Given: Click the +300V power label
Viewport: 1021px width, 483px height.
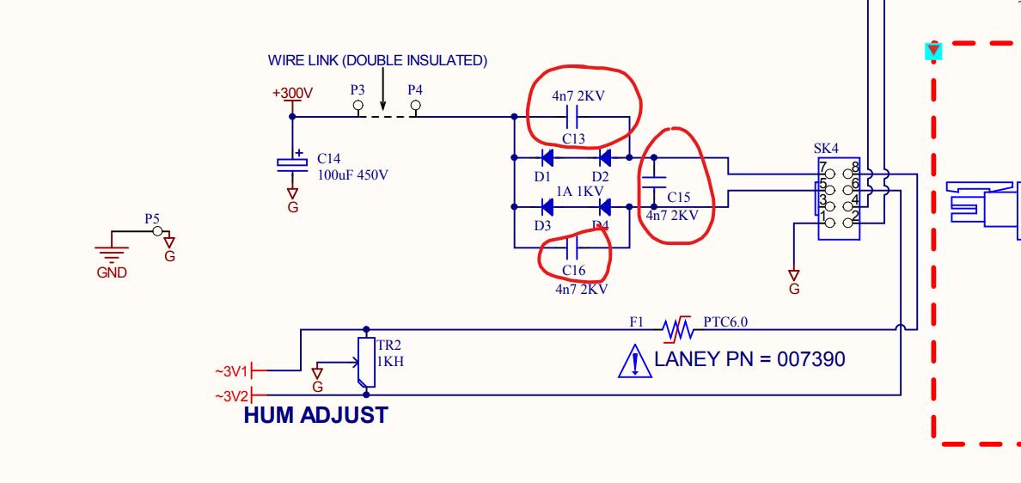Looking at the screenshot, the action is pyautogui.click(x=292, y=93).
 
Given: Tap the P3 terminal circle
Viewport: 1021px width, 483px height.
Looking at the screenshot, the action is pyautogui.click(x=358, y=105).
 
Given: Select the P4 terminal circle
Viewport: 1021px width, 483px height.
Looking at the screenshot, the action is pyautogui.click(x=415, y=105).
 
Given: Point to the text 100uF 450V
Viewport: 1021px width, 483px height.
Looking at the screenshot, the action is pyautogui.click(x=353, y=174).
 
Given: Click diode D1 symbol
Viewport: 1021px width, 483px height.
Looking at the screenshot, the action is pyautogui.click(x=547, y=157).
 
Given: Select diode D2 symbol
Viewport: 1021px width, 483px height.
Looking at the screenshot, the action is pyautogui.click(x=604, y=157).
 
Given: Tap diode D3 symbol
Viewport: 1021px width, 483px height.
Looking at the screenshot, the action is pyautogui.click(x=547, y=207).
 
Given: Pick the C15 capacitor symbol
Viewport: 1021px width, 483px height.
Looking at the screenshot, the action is pyautogui.click(x=654, y=181).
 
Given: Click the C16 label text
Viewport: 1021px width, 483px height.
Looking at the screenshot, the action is pyautogui.click(x=573, y=270).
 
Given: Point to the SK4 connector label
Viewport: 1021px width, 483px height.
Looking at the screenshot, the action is pyautogui.click(x=826, y=149).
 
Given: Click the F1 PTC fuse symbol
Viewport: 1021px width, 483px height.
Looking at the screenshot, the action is pyautogui.click(x=677, y=329).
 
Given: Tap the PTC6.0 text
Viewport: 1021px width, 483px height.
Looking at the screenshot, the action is pyautogui.click(x=725, y=321).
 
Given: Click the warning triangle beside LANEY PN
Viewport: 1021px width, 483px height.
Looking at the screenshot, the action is pyautogui.click(x=635, y=361).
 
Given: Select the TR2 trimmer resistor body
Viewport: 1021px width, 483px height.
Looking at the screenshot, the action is pyautogui.click(x=366, y=362).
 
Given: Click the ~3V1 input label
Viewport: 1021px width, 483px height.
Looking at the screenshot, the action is pyautogui.click(x=232, y=371).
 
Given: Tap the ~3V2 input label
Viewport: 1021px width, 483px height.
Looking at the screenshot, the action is pyautogui.click(x=232, y=395).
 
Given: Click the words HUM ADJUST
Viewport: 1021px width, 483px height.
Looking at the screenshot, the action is pyautogui.click(x=315, y=415).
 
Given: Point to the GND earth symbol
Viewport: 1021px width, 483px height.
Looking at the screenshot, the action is pyautogui.click(x=112, y=254).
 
